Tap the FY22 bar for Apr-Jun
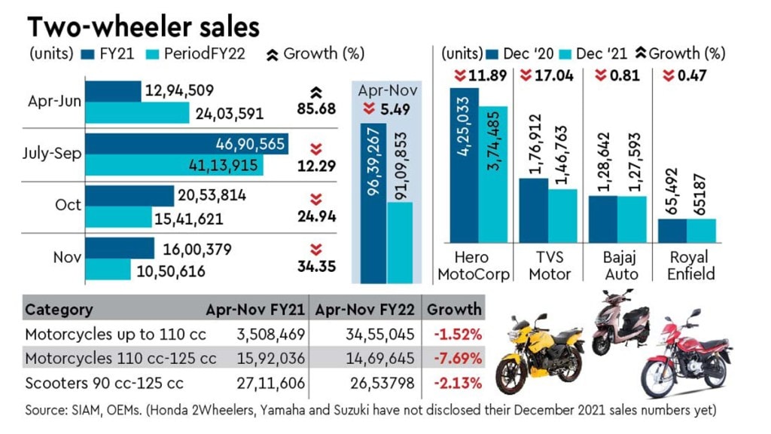[137, 113]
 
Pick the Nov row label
[66, 257]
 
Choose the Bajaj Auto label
[617, 266]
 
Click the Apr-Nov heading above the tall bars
[389, 90]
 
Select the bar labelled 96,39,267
[373, 203]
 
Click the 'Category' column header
[59, 309]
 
